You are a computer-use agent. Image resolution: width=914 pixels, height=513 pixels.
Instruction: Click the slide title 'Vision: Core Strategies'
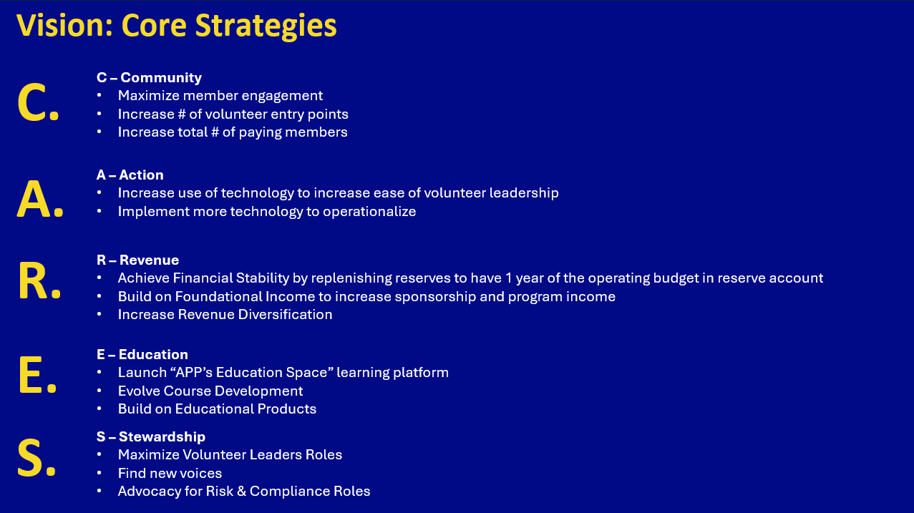point(176,26)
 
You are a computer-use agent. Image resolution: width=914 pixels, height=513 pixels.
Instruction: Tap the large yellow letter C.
point(33,102)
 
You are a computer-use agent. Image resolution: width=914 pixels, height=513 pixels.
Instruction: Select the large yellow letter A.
point(34,199)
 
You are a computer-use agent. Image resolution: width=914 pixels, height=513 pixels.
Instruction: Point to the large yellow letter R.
point(33,280)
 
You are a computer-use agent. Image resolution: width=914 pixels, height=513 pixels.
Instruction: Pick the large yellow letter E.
point(31,375)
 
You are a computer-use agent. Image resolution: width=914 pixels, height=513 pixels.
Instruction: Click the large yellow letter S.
point(30,458)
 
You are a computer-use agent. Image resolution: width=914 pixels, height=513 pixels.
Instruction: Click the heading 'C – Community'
point(149,77)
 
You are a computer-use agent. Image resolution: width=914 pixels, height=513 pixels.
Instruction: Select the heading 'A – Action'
point(130,175)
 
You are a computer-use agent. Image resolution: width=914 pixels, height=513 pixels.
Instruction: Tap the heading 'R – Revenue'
point(137,260)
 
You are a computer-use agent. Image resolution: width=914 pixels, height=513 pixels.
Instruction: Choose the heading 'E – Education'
point(142,354)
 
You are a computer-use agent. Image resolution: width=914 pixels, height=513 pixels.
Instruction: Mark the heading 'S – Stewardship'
point(150,436)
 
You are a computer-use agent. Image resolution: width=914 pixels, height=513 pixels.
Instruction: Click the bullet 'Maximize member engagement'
point(220,96)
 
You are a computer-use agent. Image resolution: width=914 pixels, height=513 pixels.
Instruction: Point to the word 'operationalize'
point(369,212)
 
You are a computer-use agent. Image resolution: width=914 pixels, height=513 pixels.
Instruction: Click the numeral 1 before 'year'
point(508,278)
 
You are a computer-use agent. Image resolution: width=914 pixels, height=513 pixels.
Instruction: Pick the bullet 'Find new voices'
point(170,473)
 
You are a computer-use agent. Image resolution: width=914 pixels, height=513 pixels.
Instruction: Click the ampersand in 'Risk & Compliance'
point(241,492)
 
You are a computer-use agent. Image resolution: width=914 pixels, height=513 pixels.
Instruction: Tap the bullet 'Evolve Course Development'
point(210,391)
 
